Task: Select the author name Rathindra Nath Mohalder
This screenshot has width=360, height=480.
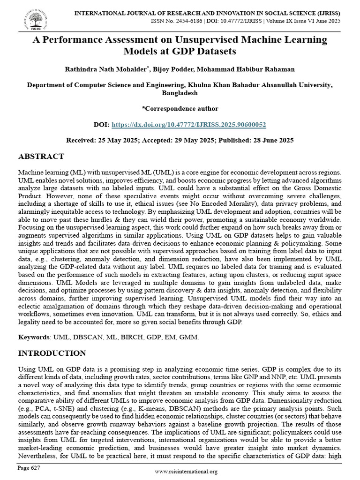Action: tap(107, 69)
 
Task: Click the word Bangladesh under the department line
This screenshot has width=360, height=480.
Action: tap(180, 93)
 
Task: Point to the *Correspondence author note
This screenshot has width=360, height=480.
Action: tap(180, 109)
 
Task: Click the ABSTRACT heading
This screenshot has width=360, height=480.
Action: tap(41, 157)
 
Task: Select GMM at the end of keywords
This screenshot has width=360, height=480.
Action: tap(191, 337)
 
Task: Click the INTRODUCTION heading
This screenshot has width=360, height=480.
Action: tap(52, 353)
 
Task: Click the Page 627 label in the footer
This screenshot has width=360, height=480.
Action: tap(29, 468)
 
